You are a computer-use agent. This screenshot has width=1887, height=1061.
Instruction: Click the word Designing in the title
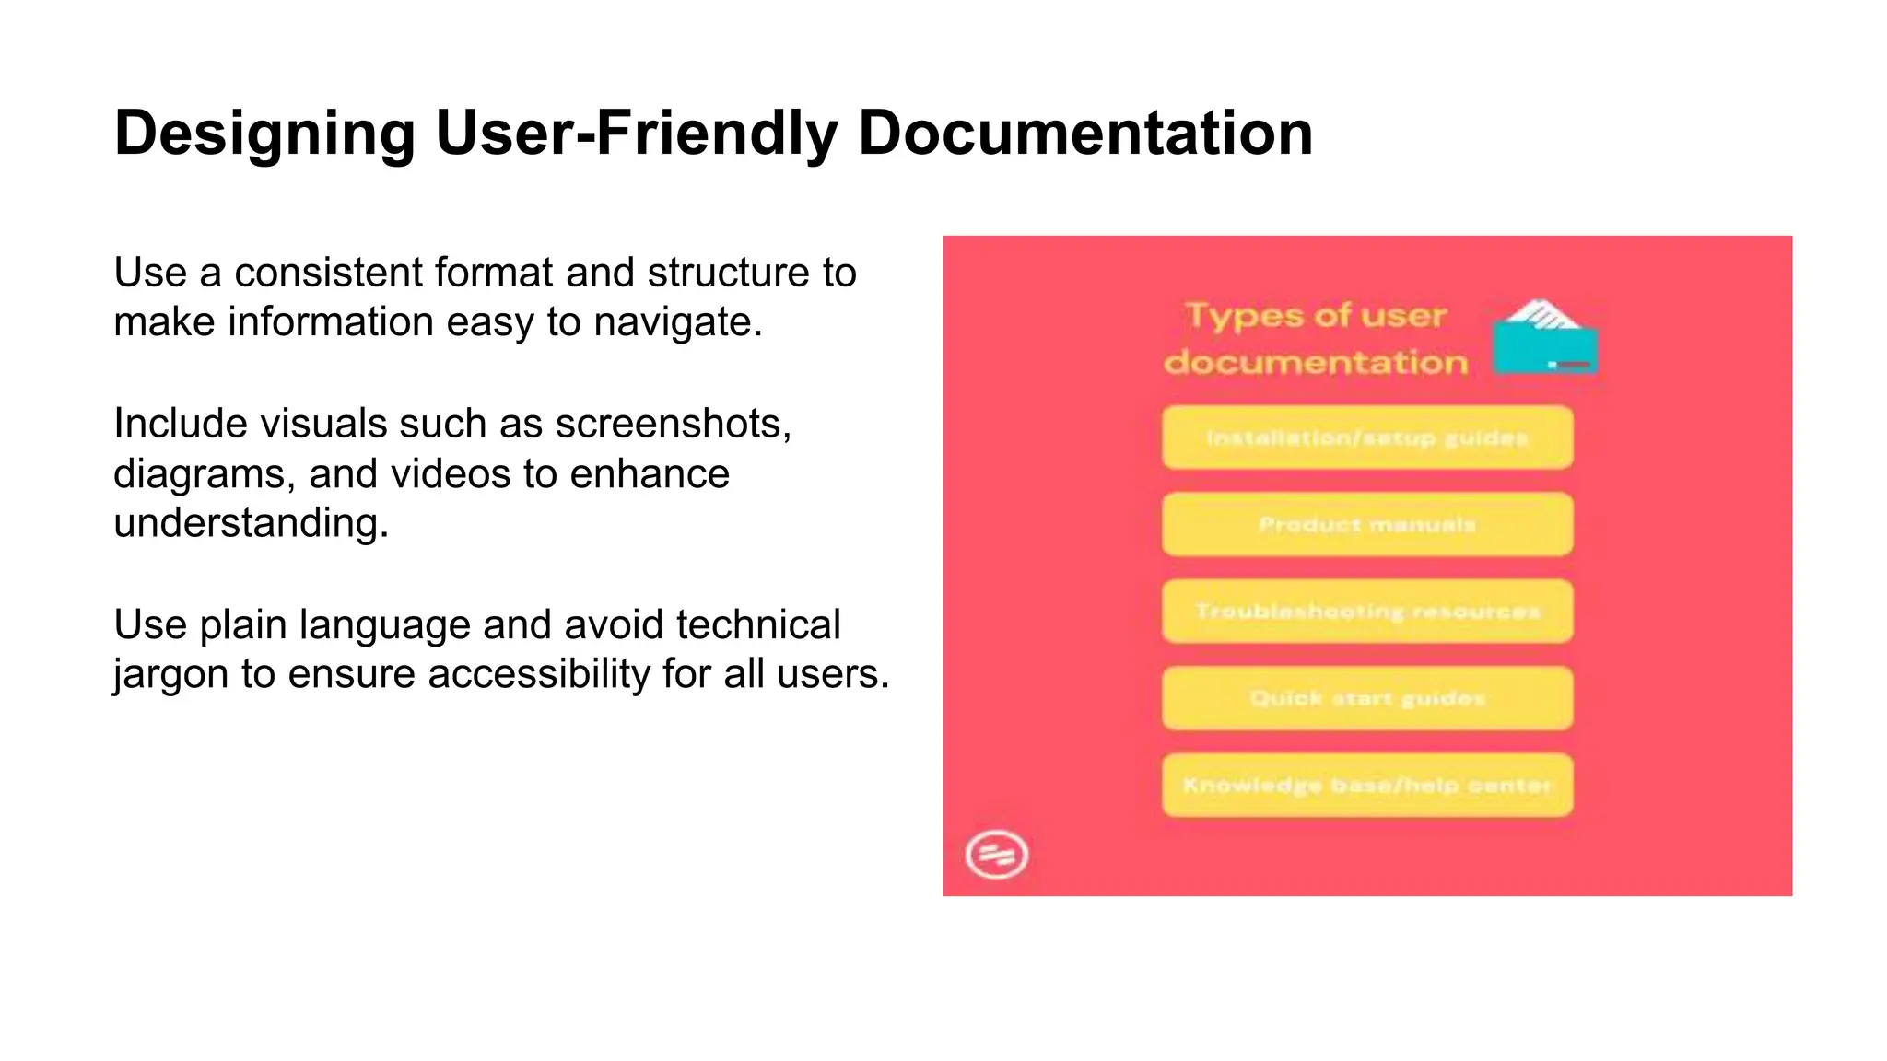click(x=264, y=134)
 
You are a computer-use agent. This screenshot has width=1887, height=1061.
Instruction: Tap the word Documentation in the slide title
click(x=1084, y=134)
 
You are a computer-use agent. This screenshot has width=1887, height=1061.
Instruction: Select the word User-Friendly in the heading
click(x=636, y=134)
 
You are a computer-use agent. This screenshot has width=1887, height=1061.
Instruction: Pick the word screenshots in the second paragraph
click(x=673, y=425)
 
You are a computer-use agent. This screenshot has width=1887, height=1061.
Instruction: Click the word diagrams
click(x=205, y=475)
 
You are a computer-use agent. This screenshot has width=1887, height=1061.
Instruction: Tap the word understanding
click(x=251, y=524)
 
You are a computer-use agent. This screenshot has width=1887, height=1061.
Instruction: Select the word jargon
click(x=170, y=675)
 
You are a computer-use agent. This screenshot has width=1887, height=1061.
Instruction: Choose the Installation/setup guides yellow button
click(x=1366, y=438)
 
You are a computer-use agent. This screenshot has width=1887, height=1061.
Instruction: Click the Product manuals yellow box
click(x=1366, y=525)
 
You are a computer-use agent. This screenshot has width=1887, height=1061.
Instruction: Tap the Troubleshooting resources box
click(x=1366, y=612)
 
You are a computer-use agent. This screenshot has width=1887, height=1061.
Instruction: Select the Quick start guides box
click(x=1366, y=698)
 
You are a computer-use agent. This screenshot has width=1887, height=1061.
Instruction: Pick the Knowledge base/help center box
click(x=1366, y=786)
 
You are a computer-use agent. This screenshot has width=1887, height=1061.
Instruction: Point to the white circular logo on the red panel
click(x=996, y=855)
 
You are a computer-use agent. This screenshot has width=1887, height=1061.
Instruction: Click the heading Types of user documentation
click(x=1316, y=339)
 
